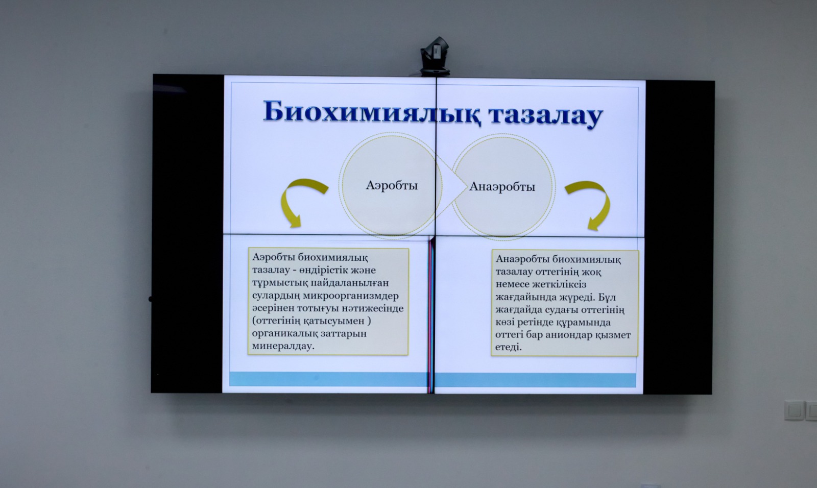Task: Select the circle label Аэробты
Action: pos(392,185)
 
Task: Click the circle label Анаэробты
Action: pos(502,187)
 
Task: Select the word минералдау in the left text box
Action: pos(283,346)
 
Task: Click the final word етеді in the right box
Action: pos(509,347)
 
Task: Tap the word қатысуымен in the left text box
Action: pos(335,321)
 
